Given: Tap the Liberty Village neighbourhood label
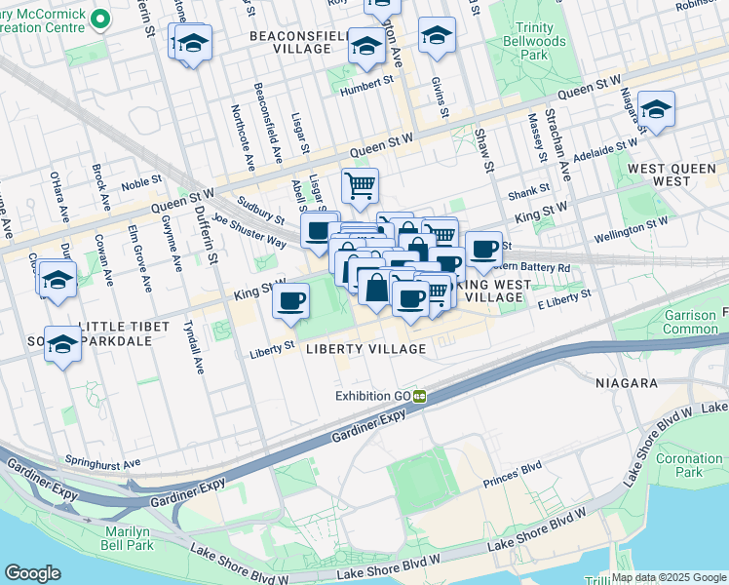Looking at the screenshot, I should point(365,349).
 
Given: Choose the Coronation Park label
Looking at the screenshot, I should point(689,465).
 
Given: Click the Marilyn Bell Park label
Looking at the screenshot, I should point(128,538).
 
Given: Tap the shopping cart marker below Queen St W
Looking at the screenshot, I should point(360,183).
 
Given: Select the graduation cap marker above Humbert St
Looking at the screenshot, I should point(366,45).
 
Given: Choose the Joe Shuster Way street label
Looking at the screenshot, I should point(249,230).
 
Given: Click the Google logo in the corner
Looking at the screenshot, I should point(33,573).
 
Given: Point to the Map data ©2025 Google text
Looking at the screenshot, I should point(669,577).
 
